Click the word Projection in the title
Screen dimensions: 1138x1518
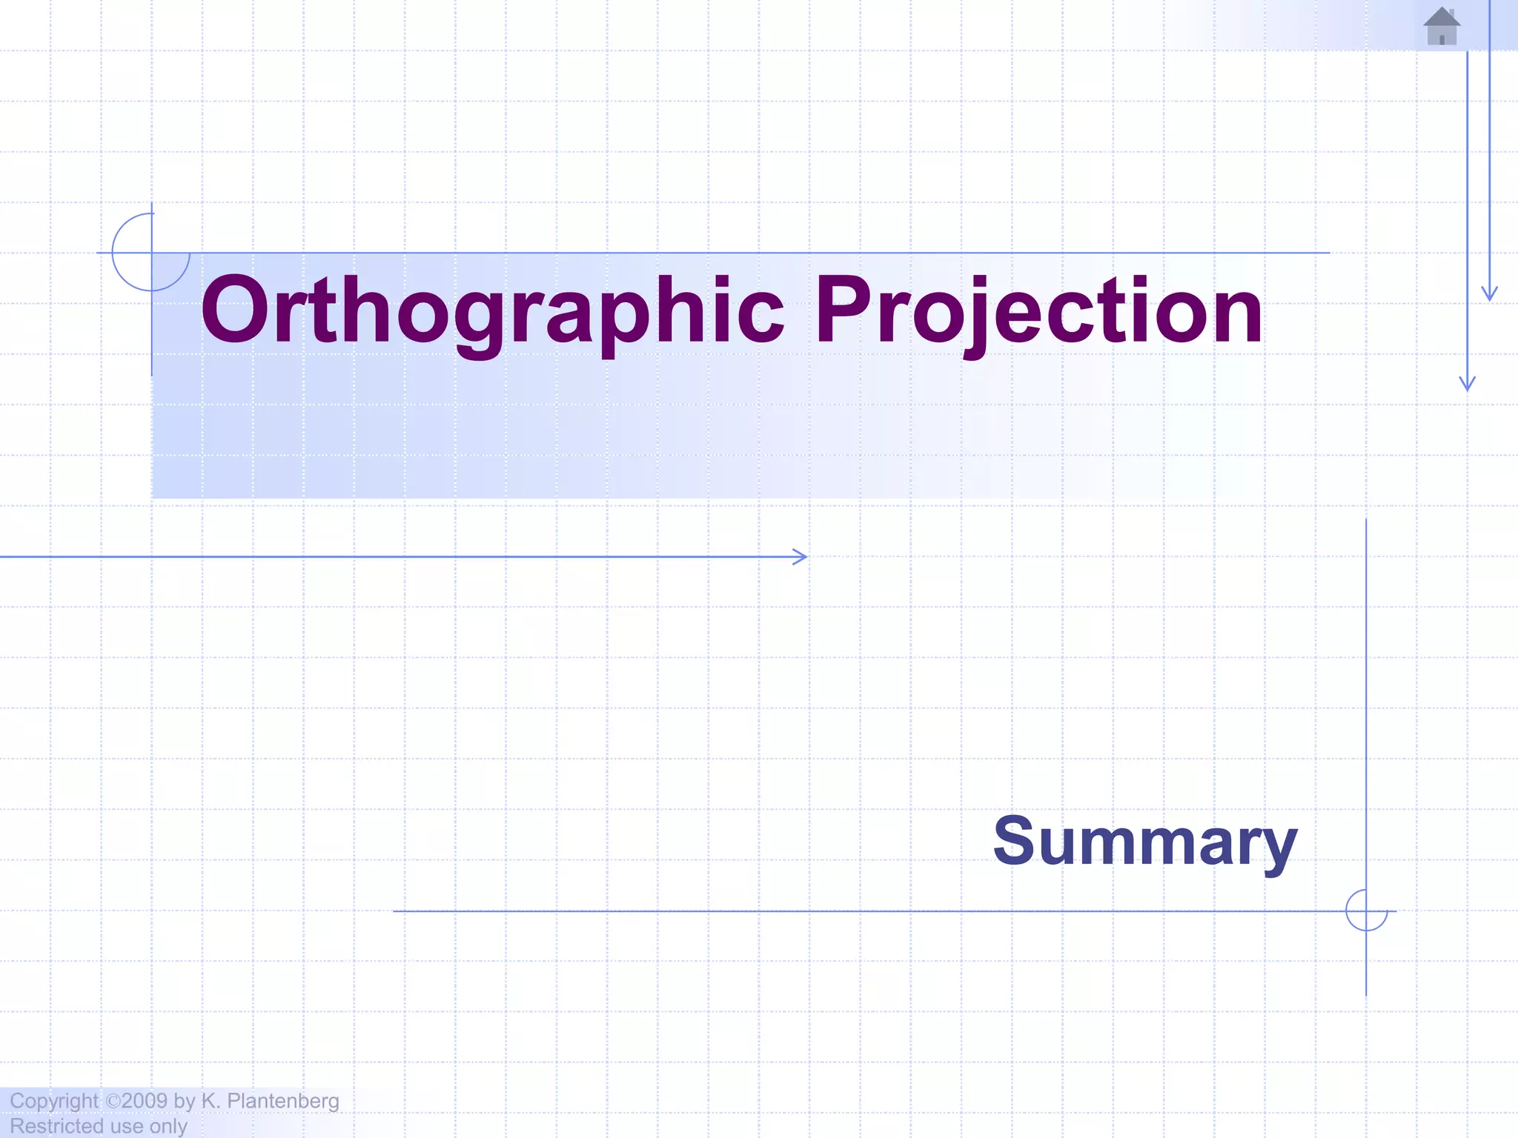(1038, 311)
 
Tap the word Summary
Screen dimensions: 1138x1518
(1144, 842)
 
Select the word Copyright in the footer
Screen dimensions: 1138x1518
(53, 1101)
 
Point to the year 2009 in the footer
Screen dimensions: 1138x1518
(145, 1101)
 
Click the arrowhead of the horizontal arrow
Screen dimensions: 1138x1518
(802, 556)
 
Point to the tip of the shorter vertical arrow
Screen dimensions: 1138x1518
(1490, 298)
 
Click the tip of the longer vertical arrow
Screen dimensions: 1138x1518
(1467, 387)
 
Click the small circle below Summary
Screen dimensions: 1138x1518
(1366, 911)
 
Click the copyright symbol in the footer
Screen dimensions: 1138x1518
(113, 1101)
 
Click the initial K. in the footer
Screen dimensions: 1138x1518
(211, 1101)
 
